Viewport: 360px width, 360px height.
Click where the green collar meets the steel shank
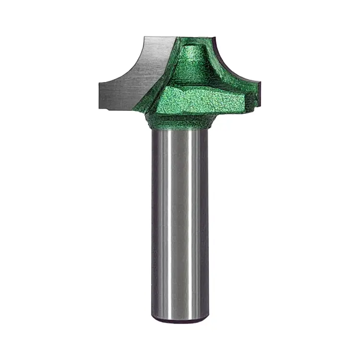[180, 129]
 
